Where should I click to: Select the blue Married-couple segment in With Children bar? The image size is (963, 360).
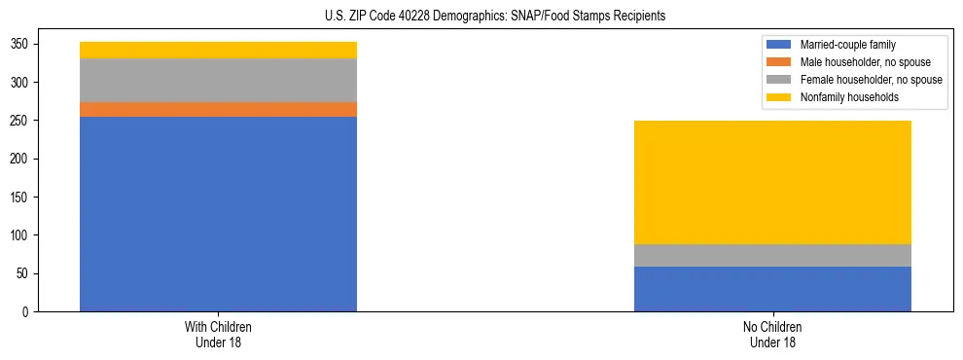(218, 214)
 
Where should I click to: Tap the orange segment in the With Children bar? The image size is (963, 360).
(218, 110)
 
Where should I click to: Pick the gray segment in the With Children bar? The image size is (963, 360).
(218, 81)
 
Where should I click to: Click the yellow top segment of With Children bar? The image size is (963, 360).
(218, 50)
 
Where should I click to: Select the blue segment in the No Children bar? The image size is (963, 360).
(772, 289)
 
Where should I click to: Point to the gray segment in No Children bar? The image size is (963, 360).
(772, 255)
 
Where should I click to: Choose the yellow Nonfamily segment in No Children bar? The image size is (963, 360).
(772, 182)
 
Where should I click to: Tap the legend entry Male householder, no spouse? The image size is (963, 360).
(866, 62)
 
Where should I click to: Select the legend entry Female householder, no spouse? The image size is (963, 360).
(871, 80)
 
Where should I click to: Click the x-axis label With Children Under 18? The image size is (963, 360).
(218, 334)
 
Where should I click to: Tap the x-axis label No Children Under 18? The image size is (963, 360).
(772, 334)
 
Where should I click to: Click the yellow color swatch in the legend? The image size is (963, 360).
(779, 97)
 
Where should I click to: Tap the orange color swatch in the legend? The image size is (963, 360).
(779, 62)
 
